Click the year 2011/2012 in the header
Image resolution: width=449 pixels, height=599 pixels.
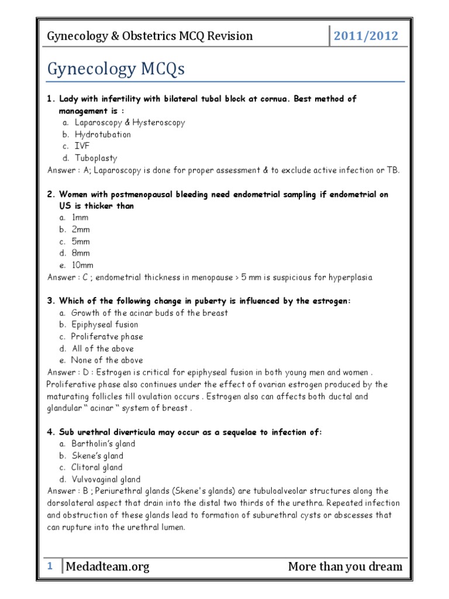pos(365,36)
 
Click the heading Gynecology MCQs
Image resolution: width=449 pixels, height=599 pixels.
pos(116,69)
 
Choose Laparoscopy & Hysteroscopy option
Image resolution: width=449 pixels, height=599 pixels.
pos(128,123)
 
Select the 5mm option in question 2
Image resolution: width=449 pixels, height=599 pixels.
pos(81,242)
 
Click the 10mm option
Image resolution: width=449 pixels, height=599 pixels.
pos(82,265)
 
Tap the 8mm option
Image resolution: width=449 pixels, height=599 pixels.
pos(81,253)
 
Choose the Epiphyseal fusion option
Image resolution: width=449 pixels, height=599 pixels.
pos(105,325)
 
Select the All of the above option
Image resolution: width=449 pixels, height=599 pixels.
pos(102,349)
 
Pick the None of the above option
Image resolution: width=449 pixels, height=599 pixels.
pos(107,360)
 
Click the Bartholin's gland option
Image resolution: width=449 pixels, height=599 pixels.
pos(103,444)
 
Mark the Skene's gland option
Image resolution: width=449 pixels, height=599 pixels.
pos(96,456)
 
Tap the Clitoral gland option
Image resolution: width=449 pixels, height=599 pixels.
pos(96,467)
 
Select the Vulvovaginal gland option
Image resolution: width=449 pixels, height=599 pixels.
pos(106,479)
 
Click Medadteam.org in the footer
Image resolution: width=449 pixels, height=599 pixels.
pos(108,566)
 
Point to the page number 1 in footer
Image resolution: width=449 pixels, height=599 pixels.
pos(50,566)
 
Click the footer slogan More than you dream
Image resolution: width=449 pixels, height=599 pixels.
pos(345,566)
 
